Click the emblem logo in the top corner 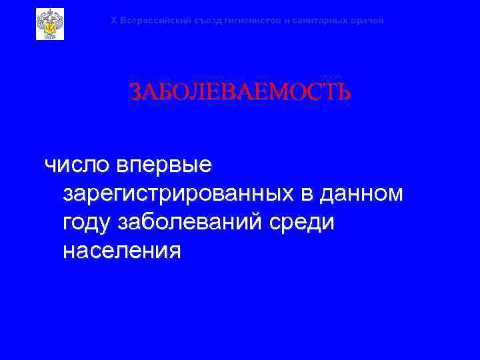click(50, 23)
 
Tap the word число click(75, 163)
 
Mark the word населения click(121, 251)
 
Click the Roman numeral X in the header click(113, 21)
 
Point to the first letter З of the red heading click(135, 92)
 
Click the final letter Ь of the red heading click(343, 92)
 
